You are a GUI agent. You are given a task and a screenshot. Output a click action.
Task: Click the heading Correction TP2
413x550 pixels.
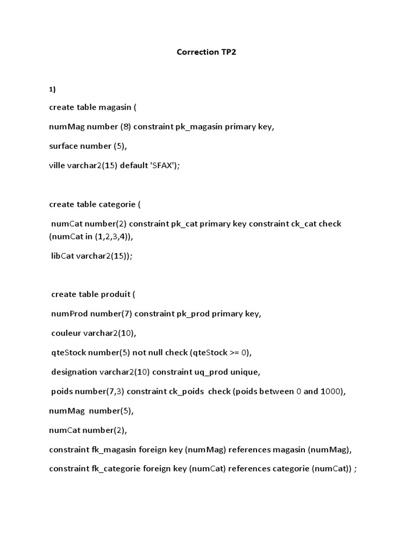click(x=206, y=53)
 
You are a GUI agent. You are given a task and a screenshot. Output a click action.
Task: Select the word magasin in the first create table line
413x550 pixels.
click(x=115, y=107)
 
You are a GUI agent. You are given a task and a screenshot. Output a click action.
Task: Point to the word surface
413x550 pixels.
click(x=63, y=146)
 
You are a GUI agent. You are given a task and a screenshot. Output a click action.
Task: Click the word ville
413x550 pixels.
click(x=57, y=165)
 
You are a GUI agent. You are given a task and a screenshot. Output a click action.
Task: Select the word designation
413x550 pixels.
click(x=74, y=372)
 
